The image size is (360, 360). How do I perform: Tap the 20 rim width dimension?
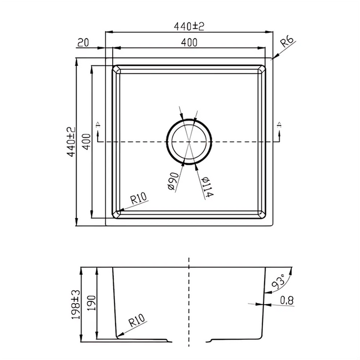(83, 42)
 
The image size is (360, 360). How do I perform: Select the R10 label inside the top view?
(138, 199)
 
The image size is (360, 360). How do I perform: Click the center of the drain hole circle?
(189, 142)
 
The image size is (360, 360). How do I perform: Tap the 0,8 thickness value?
(287, 300)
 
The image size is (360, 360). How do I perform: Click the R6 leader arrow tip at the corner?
(272, 58)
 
